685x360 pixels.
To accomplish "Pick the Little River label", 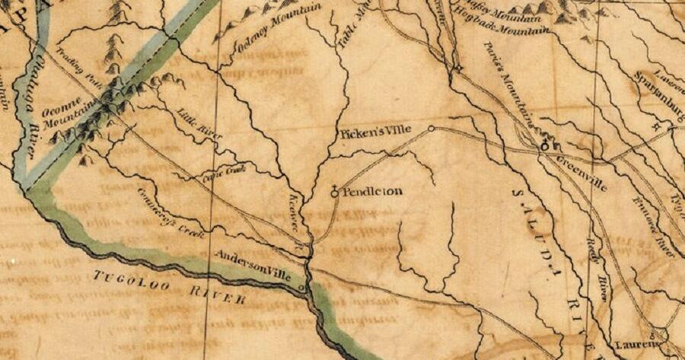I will click(199, 123).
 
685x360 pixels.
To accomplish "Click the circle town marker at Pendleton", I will click(334, 194).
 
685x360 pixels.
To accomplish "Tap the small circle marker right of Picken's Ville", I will click(432, 129).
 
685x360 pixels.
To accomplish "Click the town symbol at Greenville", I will click(545, 145).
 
